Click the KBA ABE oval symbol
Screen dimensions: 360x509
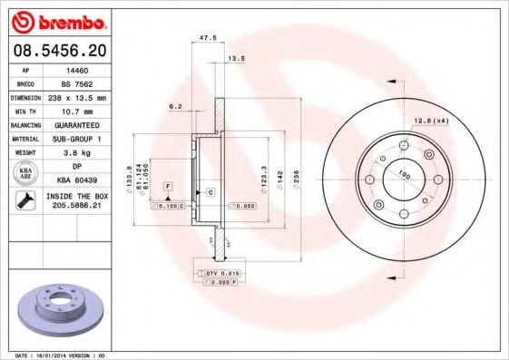24,174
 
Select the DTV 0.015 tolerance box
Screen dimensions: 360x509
220,273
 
